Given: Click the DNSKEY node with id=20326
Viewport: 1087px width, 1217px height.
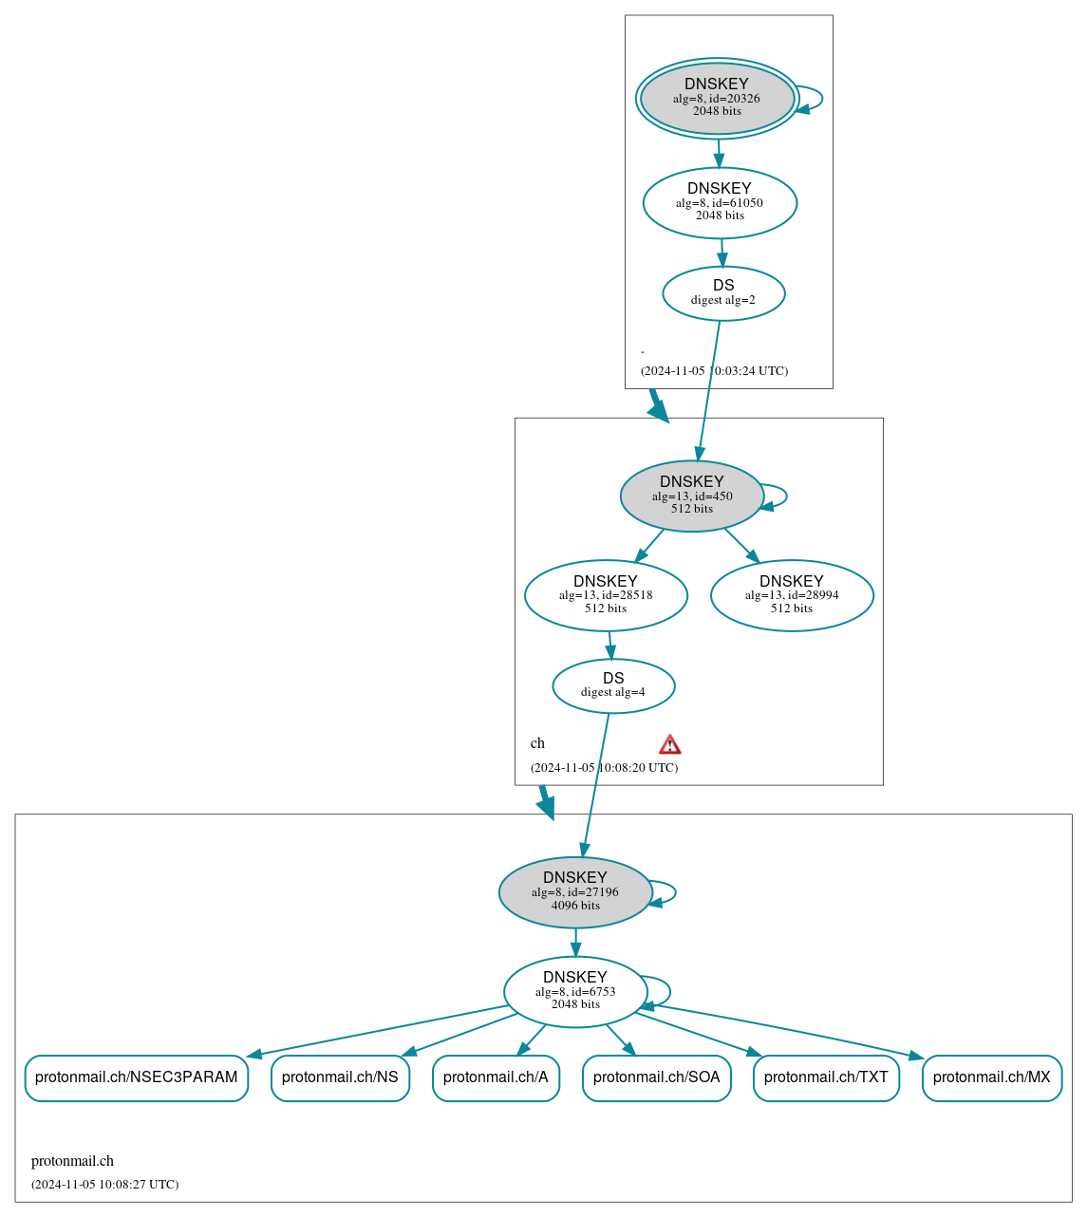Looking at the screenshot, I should coord(717,98).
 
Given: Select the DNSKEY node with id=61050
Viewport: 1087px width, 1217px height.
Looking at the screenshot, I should coord(720,202).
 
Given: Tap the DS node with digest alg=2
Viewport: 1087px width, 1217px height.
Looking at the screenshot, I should coord(723,293).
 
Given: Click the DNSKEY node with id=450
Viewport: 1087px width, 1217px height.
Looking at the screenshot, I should coord(692,496).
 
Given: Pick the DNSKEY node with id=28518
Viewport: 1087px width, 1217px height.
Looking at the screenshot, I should coord(606,595).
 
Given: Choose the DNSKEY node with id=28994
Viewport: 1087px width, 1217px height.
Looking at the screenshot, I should coord(792,595).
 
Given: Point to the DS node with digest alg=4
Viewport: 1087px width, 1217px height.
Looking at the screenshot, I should coord(613,685).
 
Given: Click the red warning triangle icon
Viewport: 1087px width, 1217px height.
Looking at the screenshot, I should coord(670,744).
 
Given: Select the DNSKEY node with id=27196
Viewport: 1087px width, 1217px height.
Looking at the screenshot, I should coord(575,891).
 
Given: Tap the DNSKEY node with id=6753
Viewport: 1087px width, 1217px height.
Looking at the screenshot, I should coord(575,991).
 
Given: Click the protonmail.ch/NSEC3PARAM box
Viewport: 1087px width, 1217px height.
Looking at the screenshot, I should coord(137,1077).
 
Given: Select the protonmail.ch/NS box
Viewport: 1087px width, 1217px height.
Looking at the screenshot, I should coord(340,1077).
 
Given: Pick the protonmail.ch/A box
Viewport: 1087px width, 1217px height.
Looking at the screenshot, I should coord(496,1077).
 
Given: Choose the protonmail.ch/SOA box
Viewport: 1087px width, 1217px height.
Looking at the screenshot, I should coord(657,1077).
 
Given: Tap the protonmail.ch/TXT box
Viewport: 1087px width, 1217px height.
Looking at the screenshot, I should coord(826,1077).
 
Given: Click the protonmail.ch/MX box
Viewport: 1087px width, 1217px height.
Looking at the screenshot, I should coord(992,1077).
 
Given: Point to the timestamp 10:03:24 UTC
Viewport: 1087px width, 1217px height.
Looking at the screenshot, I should coord(714,371).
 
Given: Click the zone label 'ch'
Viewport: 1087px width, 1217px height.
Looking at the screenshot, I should coord(537,743).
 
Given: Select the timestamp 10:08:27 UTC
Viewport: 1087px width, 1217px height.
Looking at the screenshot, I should coord(104,1185).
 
